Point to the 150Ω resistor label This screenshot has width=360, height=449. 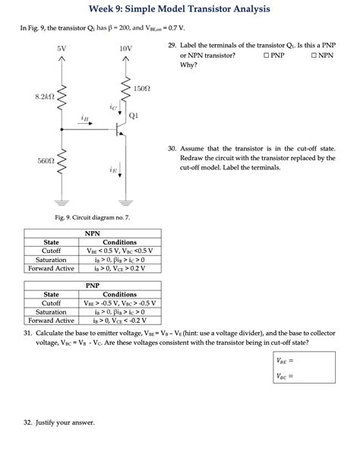pyautogui.click(x=142, y=89)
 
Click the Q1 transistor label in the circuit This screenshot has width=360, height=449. pyautogui.click(x=133, y=116)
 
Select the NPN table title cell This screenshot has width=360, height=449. pyautogui.click(x=93, y=234)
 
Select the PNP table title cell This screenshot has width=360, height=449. pyautogui.click(x=93, y=285)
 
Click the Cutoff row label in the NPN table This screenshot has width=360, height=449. pyautogui.click(x=52, y=251)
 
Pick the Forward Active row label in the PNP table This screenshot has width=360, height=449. pyautogui.click(x=52, y=320)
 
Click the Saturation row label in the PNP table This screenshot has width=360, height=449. pyautogui.click(x=52, y=311)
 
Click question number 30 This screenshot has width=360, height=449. pyautogui.click(x=172, y=149)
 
